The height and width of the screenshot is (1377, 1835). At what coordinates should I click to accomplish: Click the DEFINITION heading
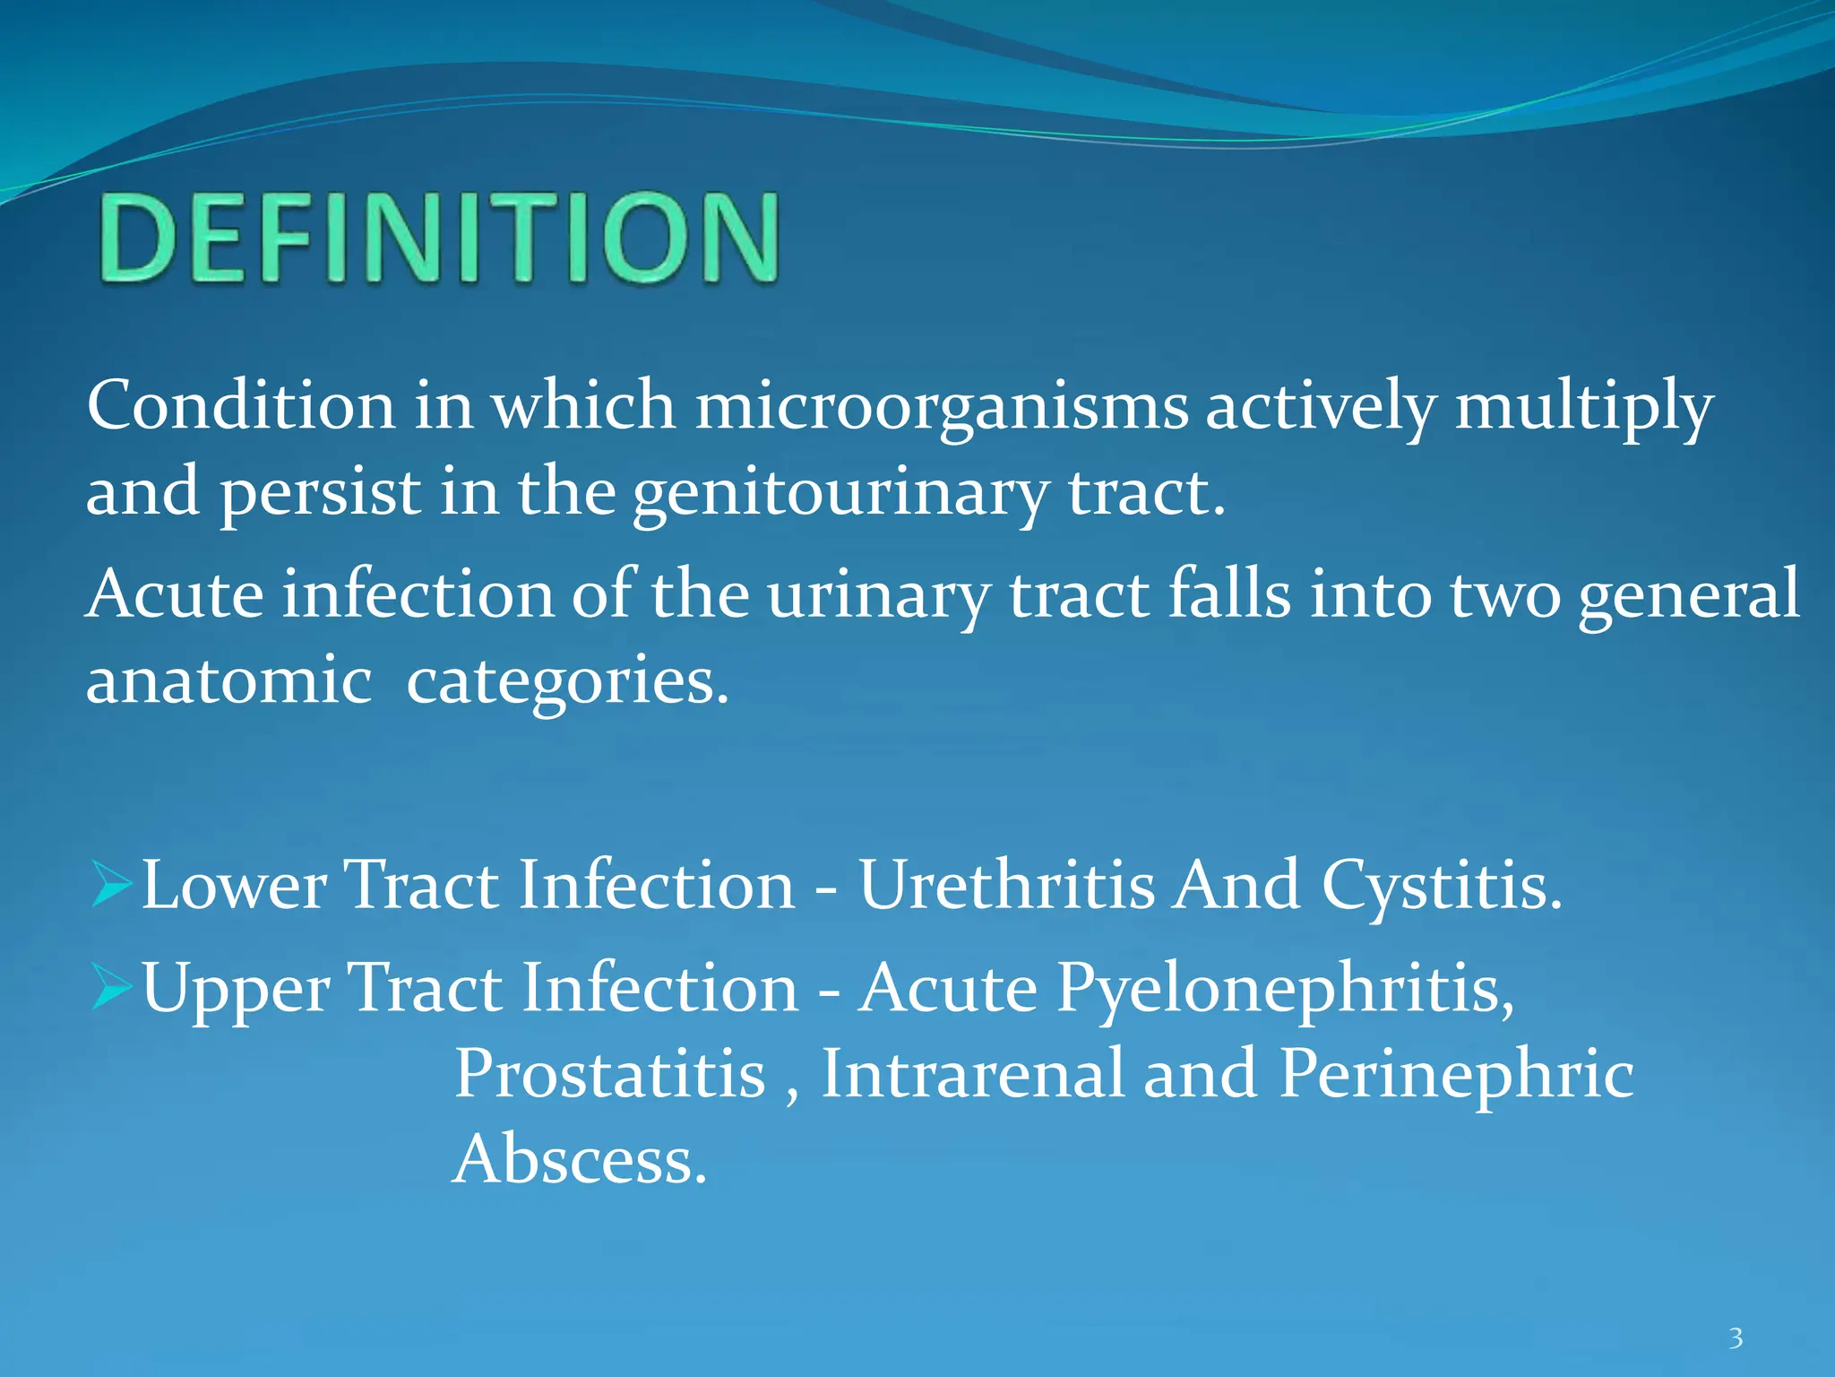pyautogui.click(x=439, y=238)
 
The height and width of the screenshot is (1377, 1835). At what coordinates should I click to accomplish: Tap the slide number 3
pyautogui.click(x=1736, y=1338)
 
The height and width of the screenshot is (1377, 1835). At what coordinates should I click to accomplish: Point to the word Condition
pyautogui.click(x=240, y=405)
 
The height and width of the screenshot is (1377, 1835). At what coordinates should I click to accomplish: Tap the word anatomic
pyautogui.click(x=228, y=680)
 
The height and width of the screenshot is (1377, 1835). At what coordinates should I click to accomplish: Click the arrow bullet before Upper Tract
pyautogui.click(x=112, y=987)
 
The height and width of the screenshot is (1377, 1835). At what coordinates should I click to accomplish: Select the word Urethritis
pyautogui.click(x=1007, y=886)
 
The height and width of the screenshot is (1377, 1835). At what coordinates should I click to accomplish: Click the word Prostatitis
pyautogui.click(x=609, y=1073)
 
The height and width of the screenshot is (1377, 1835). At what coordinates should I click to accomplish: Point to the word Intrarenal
pyautogui.click(x=972, y=1073)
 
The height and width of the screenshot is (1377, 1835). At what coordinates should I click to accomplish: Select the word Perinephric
pyautogui.click(x=1456, y=1075)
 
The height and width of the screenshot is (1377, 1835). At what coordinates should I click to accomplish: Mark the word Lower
pyautogui.click(x=234, y=886)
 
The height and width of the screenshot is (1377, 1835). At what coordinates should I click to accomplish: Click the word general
pyautogui.click(x=1688, y=594)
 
